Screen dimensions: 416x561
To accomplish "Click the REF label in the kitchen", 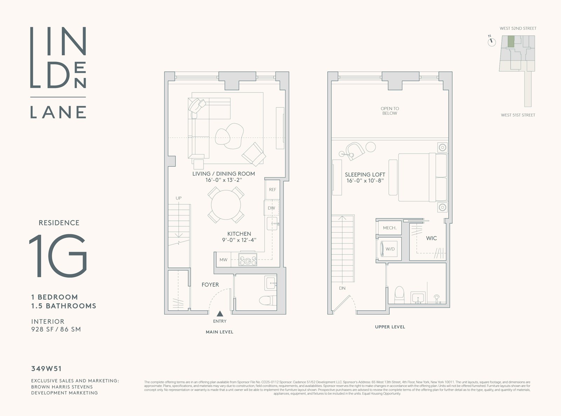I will (x=272, y=190).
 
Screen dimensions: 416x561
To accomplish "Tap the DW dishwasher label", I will (x=271, y=208).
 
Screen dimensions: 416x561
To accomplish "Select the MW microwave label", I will (x=223, y=260).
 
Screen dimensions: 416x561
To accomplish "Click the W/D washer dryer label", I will (x=390, y=249).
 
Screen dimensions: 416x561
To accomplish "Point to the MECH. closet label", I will (x=390, y=228).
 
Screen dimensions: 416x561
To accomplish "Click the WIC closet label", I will (x=431, y=238).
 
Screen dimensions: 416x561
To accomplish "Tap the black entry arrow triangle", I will (x=220, y=314).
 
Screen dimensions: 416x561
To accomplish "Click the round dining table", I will (x=226, y=205).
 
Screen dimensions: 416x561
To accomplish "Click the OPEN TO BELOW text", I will (x=390, y=111).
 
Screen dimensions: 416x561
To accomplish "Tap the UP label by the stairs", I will (x=178, y=198).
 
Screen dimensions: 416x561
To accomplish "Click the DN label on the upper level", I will (x=342, y=288).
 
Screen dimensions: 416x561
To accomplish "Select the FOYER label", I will (x=210, y=285).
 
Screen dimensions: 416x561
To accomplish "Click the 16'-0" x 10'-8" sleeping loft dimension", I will (x=365, y=181).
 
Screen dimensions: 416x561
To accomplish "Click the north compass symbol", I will (x=492, y=42).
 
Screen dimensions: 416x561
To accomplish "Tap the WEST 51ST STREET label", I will (x=518, y=115).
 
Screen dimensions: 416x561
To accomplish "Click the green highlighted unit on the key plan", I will (x=511, y=41).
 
